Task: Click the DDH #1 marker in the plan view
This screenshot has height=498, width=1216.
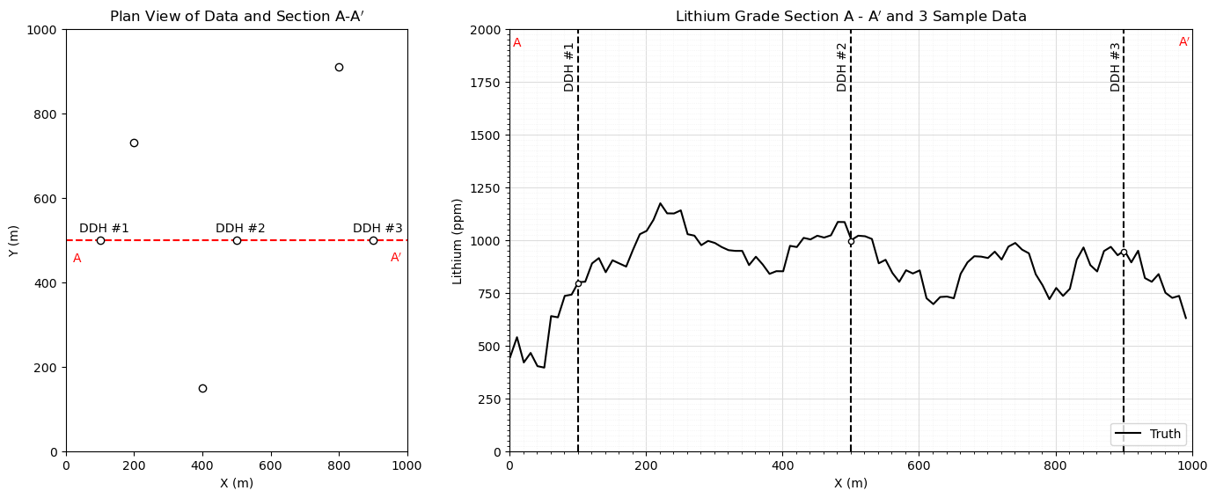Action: coord(100,240)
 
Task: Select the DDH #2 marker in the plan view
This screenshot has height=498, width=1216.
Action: coord(237,240)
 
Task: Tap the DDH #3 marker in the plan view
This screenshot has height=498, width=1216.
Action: coord(373,240)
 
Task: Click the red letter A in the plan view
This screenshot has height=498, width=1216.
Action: coord(77,259)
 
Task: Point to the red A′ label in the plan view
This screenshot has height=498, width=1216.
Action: coord(396,258)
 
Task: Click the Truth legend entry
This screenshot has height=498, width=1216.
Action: coord(1148,435)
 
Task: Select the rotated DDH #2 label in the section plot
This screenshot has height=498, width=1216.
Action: coord(842,67)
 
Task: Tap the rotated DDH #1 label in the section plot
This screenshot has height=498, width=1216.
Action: coord(569,67)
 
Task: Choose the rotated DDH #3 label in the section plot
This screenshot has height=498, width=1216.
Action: coord(1116,67)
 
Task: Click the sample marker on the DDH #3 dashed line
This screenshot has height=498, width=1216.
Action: coord(1124,253)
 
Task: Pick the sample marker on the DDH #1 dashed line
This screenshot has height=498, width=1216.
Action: coord(578,283)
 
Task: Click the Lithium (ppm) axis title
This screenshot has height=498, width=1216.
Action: coord(458,241)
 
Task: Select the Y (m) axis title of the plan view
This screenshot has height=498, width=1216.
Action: coord(14,241)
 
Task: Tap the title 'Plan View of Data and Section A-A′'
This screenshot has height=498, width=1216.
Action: coord(237,17)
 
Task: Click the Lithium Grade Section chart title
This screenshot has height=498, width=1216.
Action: coord(851,17)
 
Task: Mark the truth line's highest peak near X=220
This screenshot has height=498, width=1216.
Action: coord(660,204)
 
